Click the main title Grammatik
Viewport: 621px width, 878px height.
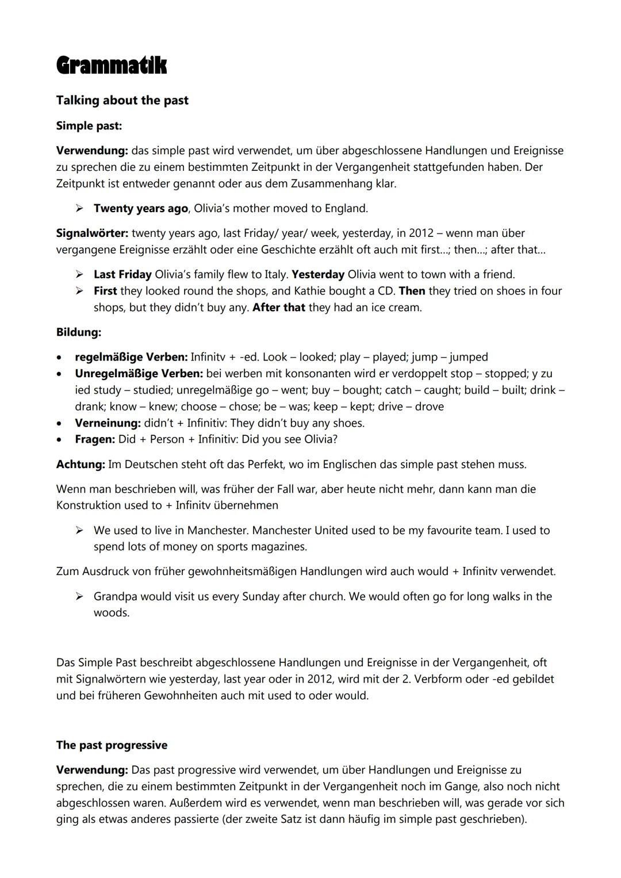(111, 66)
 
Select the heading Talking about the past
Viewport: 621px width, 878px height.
(122, 101)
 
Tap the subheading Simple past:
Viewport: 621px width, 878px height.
(89, 125)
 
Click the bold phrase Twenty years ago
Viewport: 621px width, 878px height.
(141, 208)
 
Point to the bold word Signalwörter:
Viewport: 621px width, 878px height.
(92, 233)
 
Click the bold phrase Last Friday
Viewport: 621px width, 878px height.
(122, 274)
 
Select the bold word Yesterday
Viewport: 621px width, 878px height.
(318, 274)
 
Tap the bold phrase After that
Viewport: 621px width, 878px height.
(279, 308)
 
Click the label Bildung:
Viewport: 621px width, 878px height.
(79, 332)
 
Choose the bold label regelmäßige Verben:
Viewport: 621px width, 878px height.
(131, 357)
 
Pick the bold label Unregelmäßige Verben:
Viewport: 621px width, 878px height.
(139, 374)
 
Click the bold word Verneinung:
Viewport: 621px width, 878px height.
(108, 423)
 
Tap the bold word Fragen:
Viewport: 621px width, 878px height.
(95, 439)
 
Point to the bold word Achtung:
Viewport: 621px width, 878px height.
(80, 464)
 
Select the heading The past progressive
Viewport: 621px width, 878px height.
(112, 745)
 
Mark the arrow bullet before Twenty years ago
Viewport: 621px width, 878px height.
(80, 208)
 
